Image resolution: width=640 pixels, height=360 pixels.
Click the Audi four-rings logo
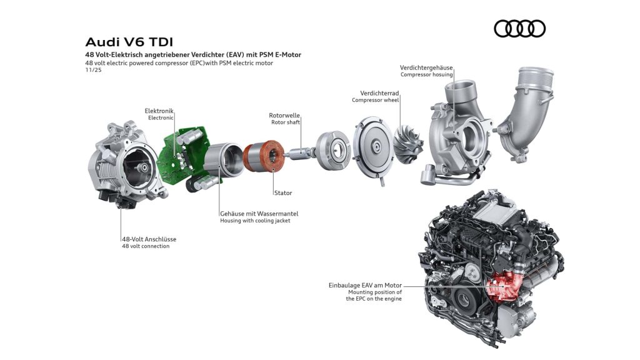(519, 29)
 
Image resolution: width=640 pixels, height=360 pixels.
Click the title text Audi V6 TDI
(129, 42)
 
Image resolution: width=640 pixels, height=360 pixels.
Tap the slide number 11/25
(93, 70)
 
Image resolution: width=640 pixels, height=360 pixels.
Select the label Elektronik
(159, 111)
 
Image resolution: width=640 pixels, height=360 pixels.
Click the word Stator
(282, 193)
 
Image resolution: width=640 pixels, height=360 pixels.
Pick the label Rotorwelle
(284, 115)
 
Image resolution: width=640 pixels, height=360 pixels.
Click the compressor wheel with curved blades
(409, 144)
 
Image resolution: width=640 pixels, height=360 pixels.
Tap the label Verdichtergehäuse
(426, 67)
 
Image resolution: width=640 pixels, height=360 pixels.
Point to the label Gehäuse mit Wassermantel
(259, 213)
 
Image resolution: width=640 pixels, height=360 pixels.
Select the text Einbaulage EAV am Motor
(365, 285)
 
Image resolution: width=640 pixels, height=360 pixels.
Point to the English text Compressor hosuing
(426, 75)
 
